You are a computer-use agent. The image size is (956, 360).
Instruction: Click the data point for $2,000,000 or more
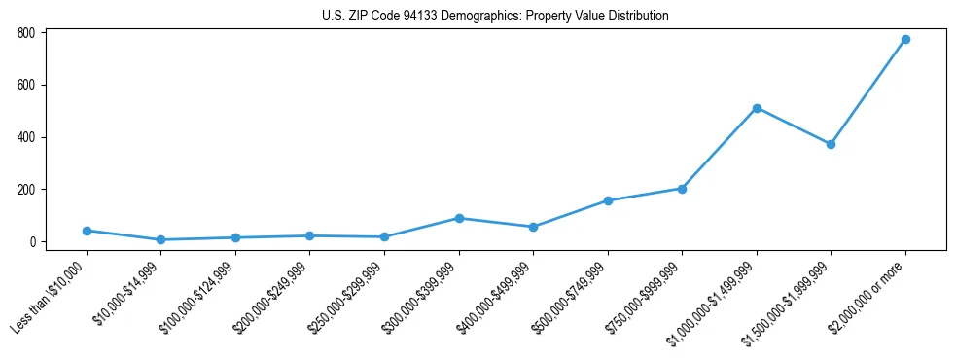click(905, 40)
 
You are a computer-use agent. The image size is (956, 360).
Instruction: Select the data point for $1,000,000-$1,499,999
click(757, 108)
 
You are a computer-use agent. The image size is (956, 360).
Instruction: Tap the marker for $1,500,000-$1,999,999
click(831, 144)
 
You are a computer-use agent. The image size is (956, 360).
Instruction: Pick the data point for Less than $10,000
click(87, 231)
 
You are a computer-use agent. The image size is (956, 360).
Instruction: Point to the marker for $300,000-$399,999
click(459, 218)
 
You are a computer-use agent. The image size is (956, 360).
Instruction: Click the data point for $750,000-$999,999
click(682, 189)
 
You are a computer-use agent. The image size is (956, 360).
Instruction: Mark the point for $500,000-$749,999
click(608, 200)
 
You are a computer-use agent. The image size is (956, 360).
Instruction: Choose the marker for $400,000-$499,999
click(533, 227)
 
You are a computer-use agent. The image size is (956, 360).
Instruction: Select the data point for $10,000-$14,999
click(160, 239)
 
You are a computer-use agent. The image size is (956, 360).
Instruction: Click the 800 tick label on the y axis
click(26, 33)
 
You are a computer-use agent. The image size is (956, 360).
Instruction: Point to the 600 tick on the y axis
click(26, 85)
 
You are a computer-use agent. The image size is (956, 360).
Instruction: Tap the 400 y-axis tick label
click(26, 137)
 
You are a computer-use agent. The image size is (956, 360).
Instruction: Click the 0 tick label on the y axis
click(32, 242)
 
